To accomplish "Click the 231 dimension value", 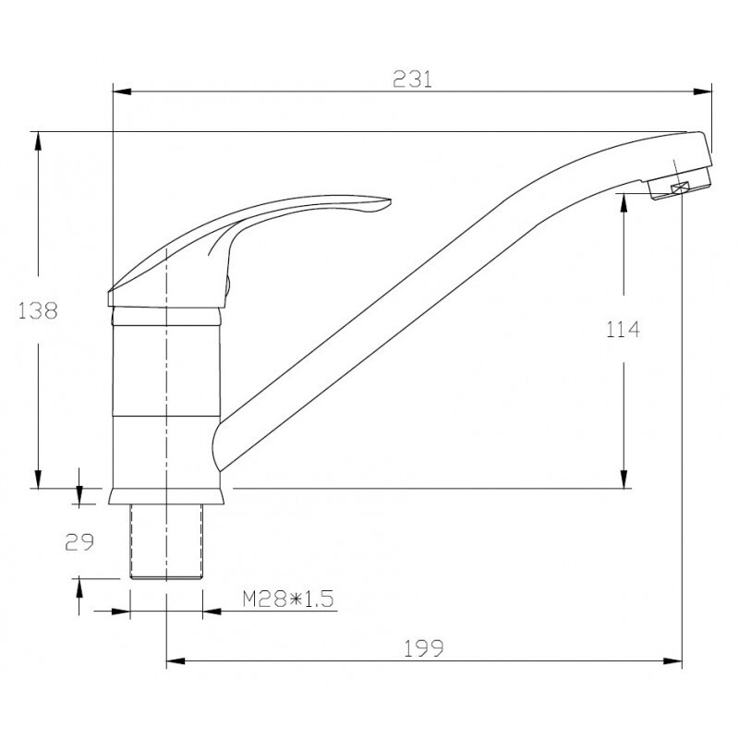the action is (x=412, y=79).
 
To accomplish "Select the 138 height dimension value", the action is (x=38, y=311).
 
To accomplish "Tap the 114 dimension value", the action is (x=623, y=330).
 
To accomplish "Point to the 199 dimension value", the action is (x=424, y=648).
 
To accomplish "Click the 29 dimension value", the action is (x=79, y=542).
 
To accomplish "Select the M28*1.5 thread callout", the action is (x=288, y=599).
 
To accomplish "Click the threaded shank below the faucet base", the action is (x=166, y=541).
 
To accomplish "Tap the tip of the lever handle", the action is (x=390, y=200).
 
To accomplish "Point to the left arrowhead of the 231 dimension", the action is (x=122, y=91).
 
